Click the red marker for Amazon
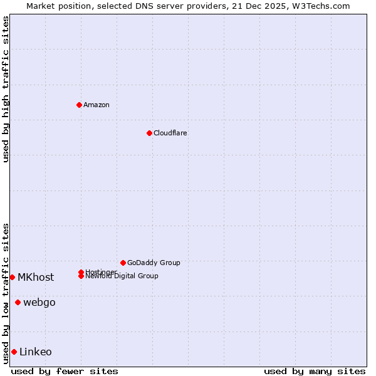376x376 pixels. (x=79, y=105)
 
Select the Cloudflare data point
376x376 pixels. (x=149, y=133)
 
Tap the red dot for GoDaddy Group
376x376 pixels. (x=123, y=263)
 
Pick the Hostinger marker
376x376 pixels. (x=81, y=272)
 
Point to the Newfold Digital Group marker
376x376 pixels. (x=81, y=276)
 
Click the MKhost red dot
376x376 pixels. (x=12, y=277)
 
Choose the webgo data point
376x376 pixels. (x=18, y=302)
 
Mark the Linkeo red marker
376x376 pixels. (x=14, y=352)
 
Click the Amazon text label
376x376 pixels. (x=97, y=105)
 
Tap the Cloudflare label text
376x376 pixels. (x=170, y=133)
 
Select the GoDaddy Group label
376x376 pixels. (x=154, y=263)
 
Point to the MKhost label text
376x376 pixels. (x=36, y=277)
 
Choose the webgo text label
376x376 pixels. (x=39, y=302)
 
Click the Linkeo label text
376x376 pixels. (x=36, y=352)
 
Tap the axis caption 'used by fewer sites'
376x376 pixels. (x=65, y=371)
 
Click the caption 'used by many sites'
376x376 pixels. (x=315, y=371)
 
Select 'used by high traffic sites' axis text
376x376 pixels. (x=6, y=89)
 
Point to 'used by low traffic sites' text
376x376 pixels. (x=6, y=293)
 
